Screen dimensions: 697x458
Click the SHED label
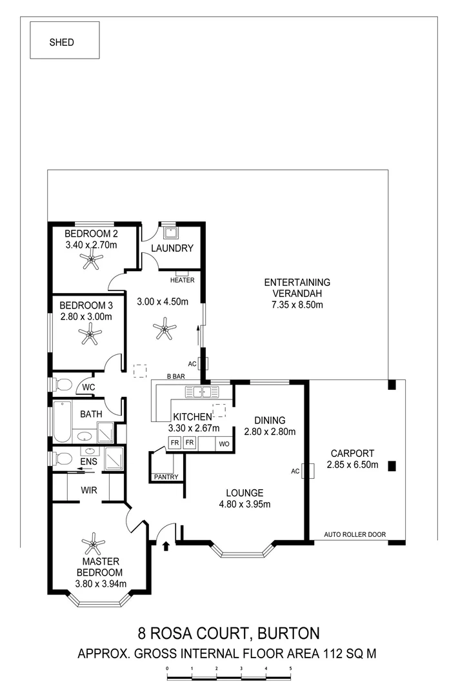(62, 43)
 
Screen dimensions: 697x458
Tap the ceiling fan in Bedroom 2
(92, 261)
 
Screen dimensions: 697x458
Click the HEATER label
(183, 280)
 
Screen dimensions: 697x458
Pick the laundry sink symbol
(171, 232)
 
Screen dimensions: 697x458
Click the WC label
(88, 387)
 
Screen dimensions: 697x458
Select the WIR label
(88, 490)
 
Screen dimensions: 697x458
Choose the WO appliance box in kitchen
(224, 443)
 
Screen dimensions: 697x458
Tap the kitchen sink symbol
(202, 391)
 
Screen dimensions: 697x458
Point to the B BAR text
(176, 375)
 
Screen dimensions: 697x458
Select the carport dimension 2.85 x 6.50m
(352, 465)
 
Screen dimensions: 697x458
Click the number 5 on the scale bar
(290, 669)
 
